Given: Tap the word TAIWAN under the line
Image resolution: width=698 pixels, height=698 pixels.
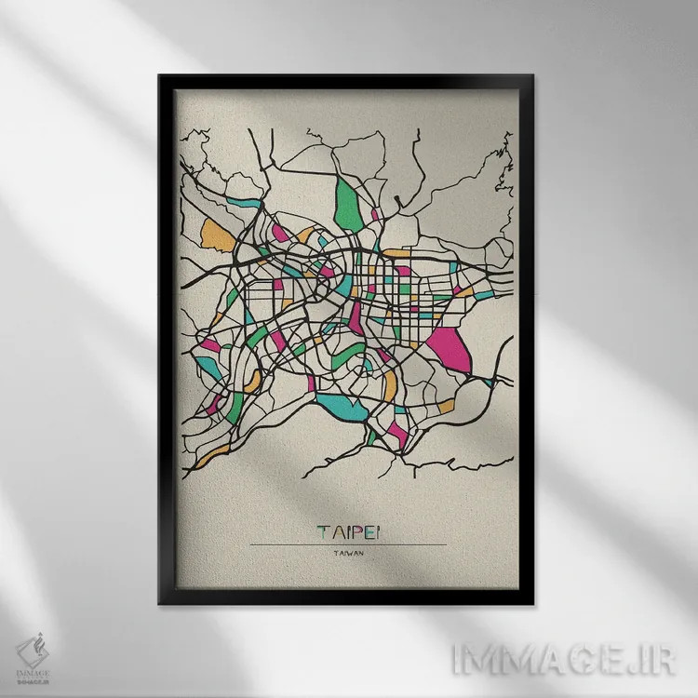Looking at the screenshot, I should coord(348,555).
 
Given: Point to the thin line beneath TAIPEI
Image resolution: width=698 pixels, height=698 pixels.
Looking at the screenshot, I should coord(349,544).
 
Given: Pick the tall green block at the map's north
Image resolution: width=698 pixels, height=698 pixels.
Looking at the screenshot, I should coord(350,205).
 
